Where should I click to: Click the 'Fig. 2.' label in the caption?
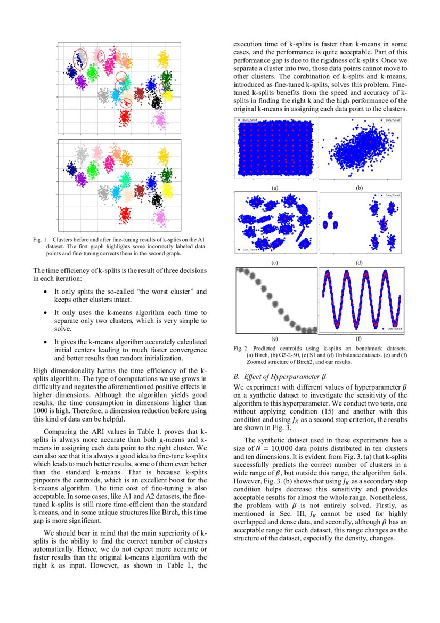pos(241,348)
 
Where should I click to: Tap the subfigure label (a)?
pos(275,188)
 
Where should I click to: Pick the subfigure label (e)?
pos(275,338)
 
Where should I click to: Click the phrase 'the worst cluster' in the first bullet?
pos(164,292)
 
